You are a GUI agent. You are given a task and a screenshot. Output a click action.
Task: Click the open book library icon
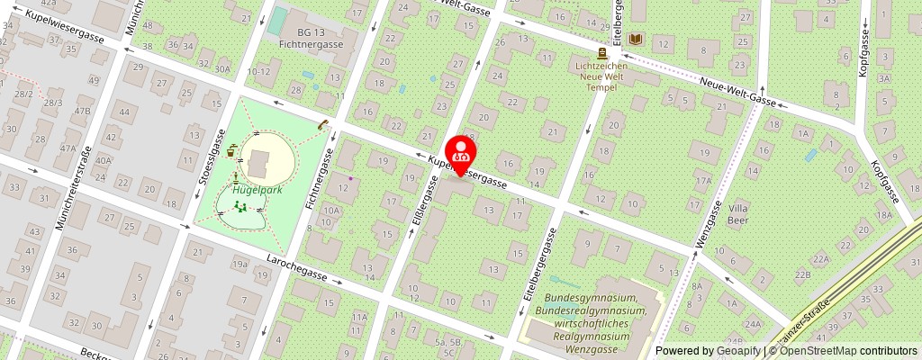(637, 40)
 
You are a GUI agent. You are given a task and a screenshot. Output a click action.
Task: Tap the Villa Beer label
(737, 212)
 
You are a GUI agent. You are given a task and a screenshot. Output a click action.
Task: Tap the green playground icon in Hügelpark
(240, 207)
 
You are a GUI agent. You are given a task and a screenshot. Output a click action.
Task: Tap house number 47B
(82, 111)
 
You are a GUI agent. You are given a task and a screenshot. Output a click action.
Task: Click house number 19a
(240, 265)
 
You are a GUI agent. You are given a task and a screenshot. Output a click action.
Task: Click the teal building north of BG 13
(279, 20)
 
